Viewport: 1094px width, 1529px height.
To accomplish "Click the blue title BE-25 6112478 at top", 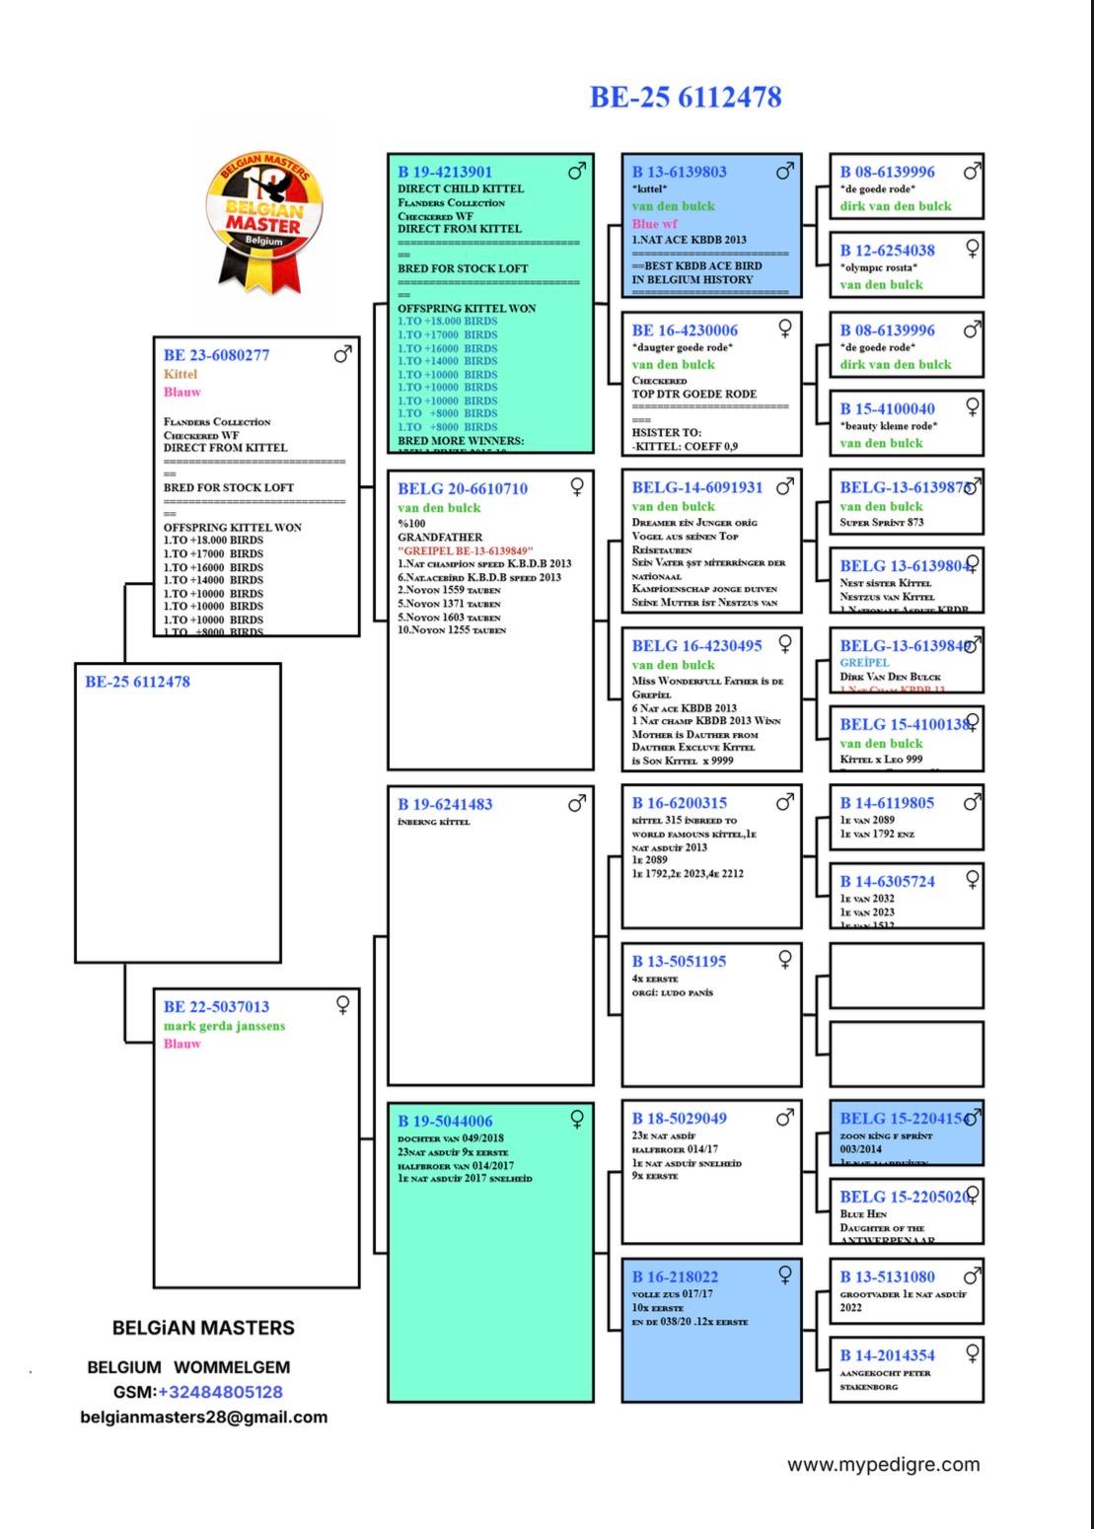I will click(686, 97).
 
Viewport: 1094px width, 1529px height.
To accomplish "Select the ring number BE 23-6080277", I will click(216, 355).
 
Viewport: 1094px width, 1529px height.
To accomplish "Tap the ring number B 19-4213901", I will click(445, 172).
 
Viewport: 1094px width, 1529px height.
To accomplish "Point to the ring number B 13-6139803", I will click(679, 172).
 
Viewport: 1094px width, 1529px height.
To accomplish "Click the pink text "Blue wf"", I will click(655, 224).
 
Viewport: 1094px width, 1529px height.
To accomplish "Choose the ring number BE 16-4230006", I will click(685, 330).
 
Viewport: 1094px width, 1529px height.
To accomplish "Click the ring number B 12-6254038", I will click(887, 251).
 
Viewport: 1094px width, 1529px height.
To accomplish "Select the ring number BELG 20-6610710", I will click(462, 488).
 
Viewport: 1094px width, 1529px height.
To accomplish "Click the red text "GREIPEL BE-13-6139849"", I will click(466, 550).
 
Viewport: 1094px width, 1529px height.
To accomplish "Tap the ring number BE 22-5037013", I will click(216, 1007).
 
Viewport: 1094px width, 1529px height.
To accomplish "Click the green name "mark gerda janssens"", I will click(224, 1026).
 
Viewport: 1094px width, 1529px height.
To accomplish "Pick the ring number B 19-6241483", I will click(445, 804).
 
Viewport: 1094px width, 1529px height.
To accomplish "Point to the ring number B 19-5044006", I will click(445, 1121).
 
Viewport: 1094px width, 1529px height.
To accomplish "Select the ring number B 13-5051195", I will click(679, 961).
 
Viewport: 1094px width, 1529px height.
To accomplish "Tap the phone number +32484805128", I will click(220, 1392).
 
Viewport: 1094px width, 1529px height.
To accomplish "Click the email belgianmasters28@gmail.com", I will click(204, 1417).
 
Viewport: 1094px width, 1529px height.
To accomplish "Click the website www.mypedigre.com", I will click(883, 1464).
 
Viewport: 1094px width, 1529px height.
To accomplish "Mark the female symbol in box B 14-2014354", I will click(972, 1351).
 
